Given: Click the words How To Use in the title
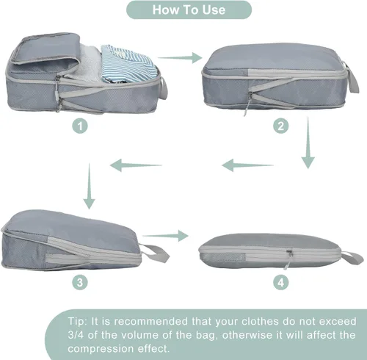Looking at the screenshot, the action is tap(189, 10).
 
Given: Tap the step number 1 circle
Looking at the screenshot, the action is tap(80, 126).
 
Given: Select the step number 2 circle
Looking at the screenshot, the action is tap(280, 126).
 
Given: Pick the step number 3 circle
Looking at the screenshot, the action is tap(80, 282).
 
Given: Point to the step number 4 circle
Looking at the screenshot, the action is tap(280, 282).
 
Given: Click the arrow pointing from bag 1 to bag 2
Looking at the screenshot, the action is tap(180, 58).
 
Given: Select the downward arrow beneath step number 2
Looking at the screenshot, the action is tap(308, 143).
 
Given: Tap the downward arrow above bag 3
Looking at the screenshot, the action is tap(89, 186).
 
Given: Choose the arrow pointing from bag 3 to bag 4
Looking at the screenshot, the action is tap(165, 236).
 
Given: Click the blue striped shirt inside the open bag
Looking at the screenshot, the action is tap(128, 63).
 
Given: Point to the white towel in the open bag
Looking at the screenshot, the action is tap(87, 64).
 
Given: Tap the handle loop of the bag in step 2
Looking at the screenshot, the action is tap(351, 78).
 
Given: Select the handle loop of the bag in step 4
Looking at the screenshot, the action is tap(352, 258).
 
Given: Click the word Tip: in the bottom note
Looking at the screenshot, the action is tap(77, 321).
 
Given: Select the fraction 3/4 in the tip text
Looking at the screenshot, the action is tap(76, 335).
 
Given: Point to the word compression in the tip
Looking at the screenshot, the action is tap(101, 349).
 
